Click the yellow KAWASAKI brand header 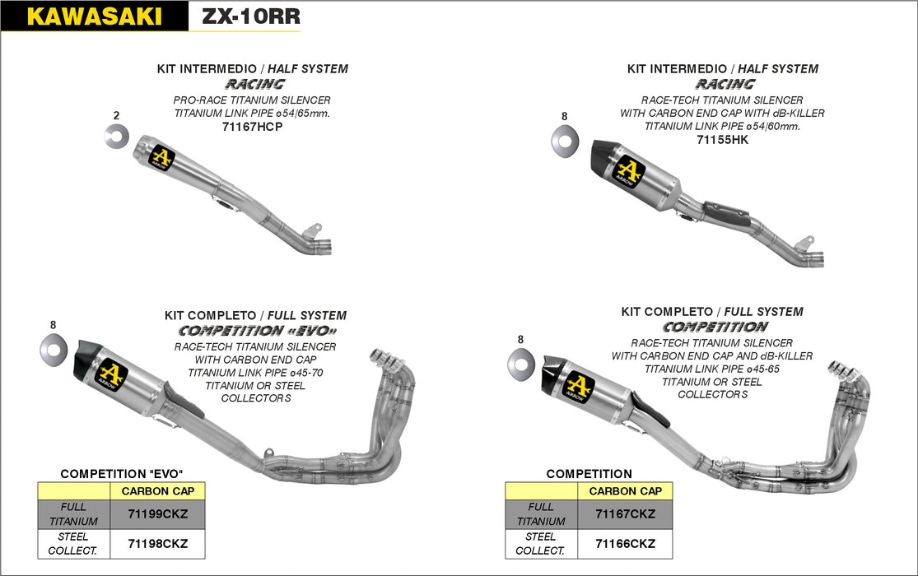coord(94,16)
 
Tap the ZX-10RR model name coord(245,16)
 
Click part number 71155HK coord(722,139)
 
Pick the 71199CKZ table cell coord(157,514)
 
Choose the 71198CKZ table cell coord(157,543)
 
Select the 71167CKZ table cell coord(625,514)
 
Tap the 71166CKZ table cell coord(625,543)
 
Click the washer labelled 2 coord(116,135)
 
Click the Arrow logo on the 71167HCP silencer coord(162,156)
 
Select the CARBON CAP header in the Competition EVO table coord(157,491)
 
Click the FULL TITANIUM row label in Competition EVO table coord(74,514)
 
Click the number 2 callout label coord(116,114)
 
